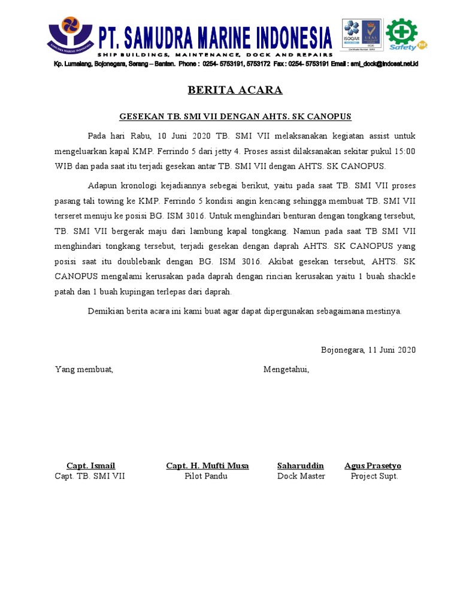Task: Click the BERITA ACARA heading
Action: pyautogui.click(x=235, y=91)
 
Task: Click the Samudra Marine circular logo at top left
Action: pyautogui.click(x=70, y=37)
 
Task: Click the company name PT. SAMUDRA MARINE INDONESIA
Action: pyautogui.click(x=215, y=38)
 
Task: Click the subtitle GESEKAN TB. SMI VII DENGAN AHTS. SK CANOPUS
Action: pyautogui.click(x=235, y=116)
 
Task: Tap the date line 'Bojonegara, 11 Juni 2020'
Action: pyautogui.click(x=368, y=350)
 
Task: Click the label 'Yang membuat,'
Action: pyautogui.click(x=84, y=369)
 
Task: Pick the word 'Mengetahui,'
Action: pyautogui.click(x=286, y=369)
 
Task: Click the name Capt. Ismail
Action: pyautogui.click(x=90, y=466)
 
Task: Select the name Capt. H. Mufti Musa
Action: pyautogui.click(x=207, y=466)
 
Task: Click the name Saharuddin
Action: pyautogui.click(x=301, y=466)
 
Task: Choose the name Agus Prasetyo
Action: pyautogui.click(x=373, y=466)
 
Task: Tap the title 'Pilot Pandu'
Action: pyautogui.click(x=207, y=476)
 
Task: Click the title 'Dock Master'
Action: pyautogui.click(x=301, y=476)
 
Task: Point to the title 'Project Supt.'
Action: pyautogui.click(x=374, y=476)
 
